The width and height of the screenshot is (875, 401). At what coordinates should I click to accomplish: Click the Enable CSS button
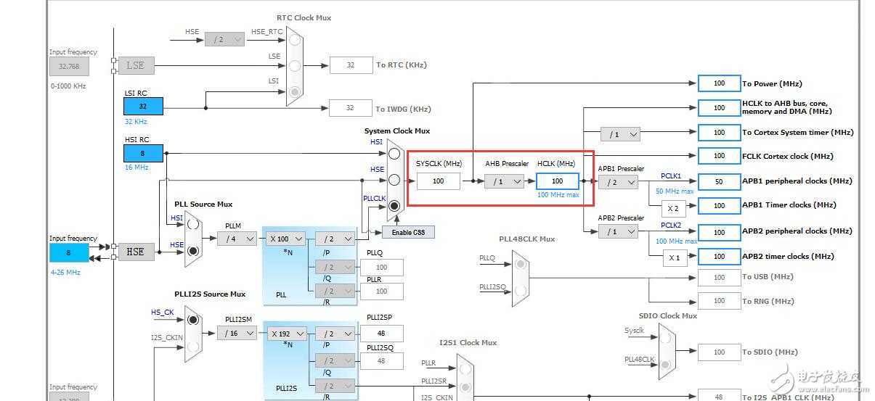407,232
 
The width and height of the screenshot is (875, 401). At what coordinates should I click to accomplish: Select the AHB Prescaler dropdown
503,181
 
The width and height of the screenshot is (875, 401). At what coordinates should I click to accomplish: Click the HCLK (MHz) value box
557,181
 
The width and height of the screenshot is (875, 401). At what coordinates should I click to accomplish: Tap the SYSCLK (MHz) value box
438,181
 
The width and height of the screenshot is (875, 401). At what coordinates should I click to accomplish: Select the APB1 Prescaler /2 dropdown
618,182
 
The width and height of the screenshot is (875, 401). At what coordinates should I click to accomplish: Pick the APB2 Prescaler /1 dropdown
618,231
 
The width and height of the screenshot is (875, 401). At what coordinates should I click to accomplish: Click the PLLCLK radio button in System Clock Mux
394,206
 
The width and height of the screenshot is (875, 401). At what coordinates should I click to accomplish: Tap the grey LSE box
136,65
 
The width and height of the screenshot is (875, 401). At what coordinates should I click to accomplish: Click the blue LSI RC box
143,106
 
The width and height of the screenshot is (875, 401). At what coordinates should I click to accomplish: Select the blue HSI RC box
143,153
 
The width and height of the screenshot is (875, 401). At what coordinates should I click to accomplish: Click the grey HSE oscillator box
136,252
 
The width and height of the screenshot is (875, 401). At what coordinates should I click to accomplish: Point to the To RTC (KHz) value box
350,65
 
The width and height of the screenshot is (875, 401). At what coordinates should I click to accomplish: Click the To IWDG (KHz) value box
350,108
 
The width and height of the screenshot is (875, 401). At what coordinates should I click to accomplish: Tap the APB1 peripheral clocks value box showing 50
719,181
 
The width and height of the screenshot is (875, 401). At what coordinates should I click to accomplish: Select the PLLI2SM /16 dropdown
237,333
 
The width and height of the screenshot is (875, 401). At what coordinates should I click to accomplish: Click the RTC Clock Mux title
304,17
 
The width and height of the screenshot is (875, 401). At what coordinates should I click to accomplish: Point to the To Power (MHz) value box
719,83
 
